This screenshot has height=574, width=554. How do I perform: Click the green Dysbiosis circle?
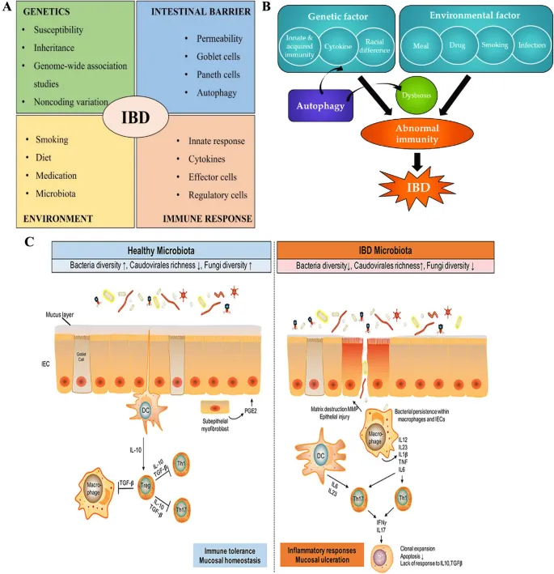(410, 95)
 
